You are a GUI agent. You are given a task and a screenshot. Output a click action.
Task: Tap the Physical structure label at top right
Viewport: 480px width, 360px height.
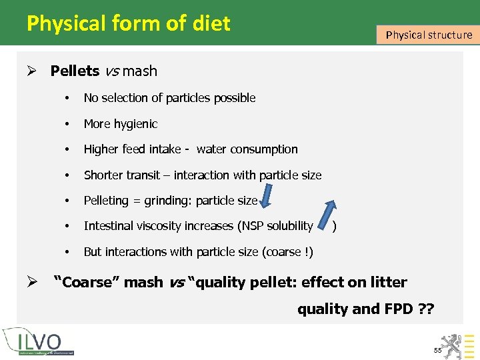point(429,35)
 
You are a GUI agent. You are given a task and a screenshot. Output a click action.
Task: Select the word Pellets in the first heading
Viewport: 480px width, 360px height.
point(75,71)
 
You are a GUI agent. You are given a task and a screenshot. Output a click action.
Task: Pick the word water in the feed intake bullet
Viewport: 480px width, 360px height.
point(211,149)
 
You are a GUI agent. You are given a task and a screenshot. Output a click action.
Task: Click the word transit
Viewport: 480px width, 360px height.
point(141,175)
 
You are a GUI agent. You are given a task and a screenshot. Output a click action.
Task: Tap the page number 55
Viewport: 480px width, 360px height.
point(437,350)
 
